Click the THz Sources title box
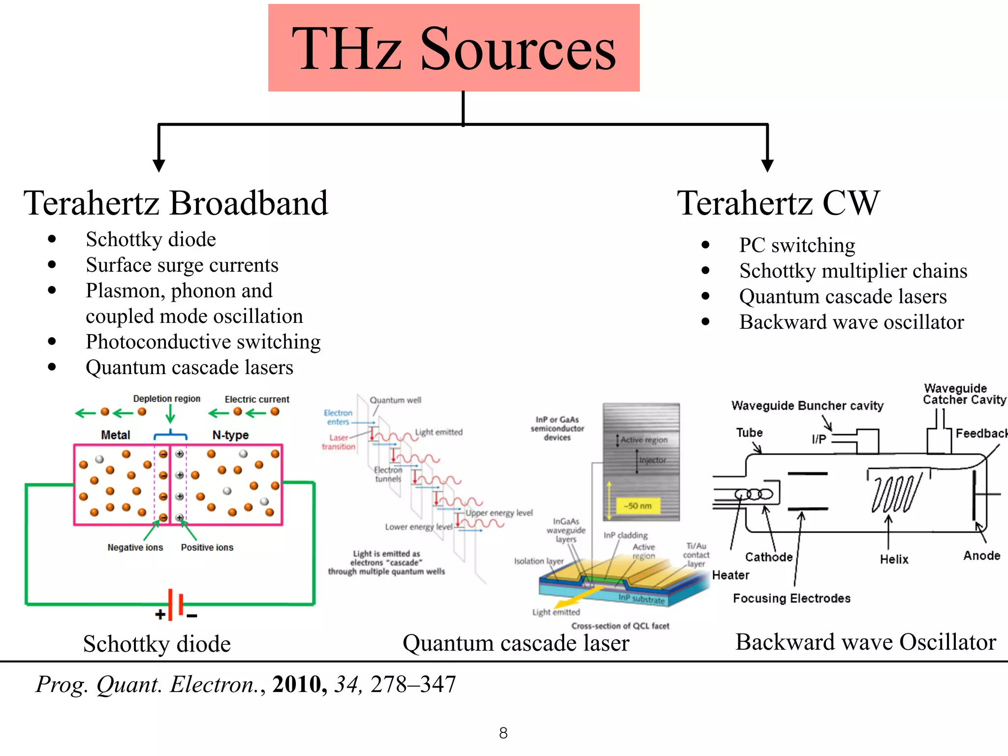click(x=453, y=48)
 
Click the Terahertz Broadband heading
click(x=176, y=203)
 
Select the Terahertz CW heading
click(x=778, y=203)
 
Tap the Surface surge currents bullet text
click(x=182, y=265)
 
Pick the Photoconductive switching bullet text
click(x=203, y=342)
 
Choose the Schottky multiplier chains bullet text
click(x=853, y=271)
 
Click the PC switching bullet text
click(x=797, y=245)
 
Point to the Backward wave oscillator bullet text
click(x=851, y=322)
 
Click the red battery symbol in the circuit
click(x=175, y=604)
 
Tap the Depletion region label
click(x=166, y=399)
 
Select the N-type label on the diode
click(x=230, y=435)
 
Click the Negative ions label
click(x=135, y=547)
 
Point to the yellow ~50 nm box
click(x=637, y=505)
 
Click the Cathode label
click(x=768, y=557)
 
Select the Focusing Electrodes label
click(x=791, y=598)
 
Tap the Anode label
click(x=981, y=556)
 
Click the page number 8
click(x=503, y=733)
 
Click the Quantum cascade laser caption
click(x=515, y=643)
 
